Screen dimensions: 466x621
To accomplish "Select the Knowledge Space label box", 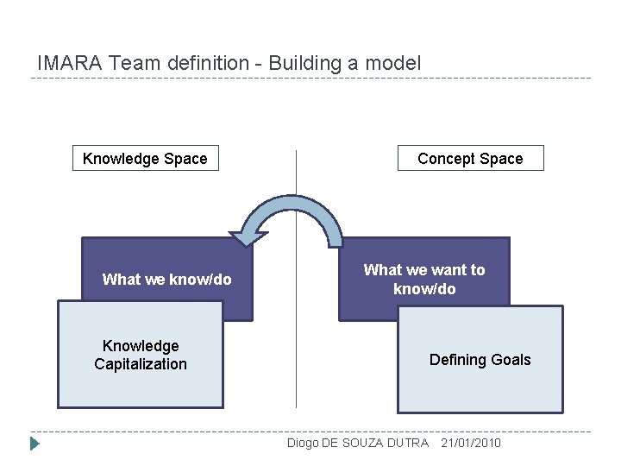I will (x=145, y=159).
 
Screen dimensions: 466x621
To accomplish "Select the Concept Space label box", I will (x=470, y=159).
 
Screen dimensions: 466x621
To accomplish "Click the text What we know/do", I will (x=166, y=279).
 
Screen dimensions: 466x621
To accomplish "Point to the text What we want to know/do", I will (x=424, y=279).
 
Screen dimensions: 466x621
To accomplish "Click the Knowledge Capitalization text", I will (x=141, y=355).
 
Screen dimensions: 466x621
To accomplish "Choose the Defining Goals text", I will (x=480, y=360).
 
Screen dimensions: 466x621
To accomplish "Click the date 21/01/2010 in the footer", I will (x=470, y=443).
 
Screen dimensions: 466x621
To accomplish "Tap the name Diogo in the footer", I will (x=303, y=443).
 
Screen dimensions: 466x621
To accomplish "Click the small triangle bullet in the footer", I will (x=35, y=444).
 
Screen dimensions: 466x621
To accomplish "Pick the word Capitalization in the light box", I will (x=141, y=364).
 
